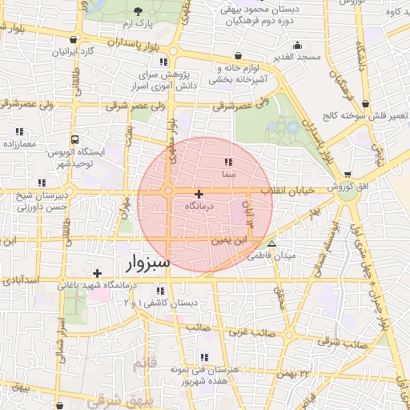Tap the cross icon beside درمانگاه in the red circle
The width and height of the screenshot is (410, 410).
[x=199, y=194]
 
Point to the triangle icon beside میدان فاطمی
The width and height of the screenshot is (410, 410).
[x=272, y=243]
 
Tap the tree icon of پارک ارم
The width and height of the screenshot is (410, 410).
[x=138, y=12]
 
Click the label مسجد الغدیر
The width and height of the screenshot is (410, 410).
[x=296, y=58]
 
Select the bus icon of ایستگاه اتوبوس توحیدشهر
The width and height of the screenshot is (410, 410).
[x=74, y=139]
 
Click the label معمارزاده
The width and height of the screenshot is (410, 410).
[x=20, y=143]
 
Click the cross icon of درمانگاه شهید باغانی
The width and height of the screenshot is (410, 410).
[x=97, y=273]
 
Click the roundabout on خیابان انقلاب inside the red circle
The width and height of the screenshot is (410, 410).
[x=168, y=191]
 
